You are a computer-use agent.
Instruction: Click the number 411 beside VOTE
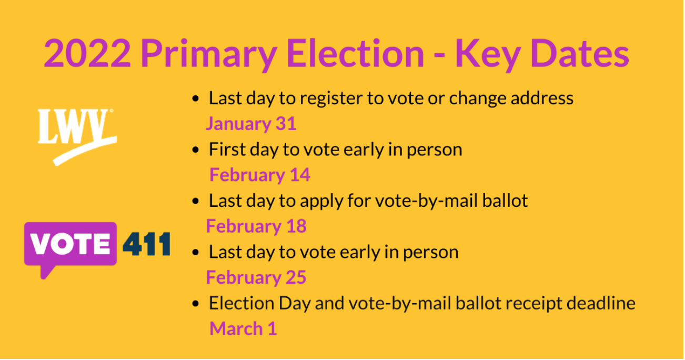point(147,244)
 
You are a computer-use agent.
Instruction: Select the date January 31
point(251,124)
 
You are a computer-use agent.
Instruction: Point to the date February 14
point(260,175)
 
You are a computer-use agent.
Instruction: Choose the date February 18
point(256,226)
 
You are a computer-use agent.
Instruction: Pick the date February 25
point(256,277)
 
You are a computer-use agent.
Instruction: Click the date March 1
point(243,329)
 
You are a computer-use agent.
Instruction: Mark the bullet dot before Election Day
point(196,304)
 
